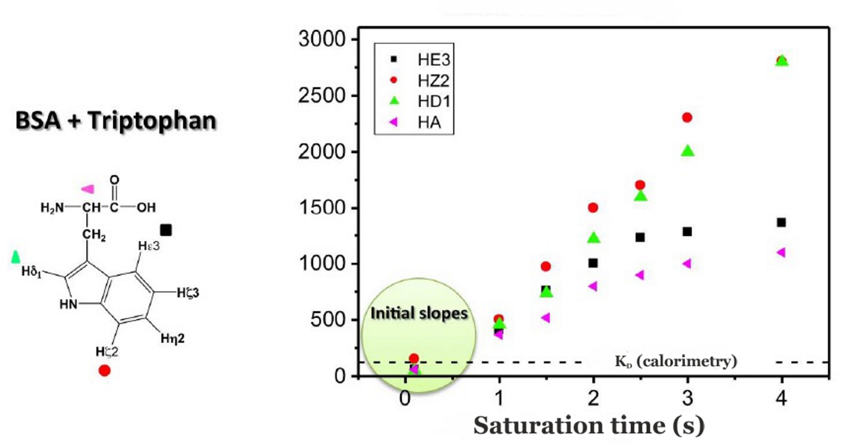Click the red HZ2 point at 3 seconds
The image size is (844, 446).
point(687,117)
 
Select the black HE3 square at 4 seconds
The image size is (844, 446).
point(781,223)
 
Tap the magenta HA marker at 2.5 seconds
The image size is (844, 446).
point(640,275)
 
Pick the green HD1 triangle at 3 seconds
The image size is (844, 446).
point(687,151)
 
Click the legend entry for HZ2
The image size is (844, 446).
point(433,81)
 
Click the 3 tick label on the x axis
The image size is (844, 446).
point(687,398)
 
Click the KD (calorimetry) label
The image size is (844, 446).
point(676,361)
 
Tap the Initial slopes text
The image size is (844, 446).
point(419,313)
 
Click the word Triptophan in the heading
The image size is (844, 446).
point(152,121)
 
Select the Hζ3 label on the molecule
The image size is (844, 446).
point(188,293)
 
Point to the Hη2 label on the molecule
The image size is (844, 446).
point(173,338)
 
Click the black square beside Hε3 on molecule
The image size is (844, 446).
point(166,230)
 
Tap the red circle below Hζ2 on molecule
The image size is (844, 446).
point(105,371)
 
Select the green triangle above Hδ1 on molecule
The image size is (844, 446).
point(16,257)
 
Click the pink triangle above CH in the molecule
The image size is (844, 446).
point(88,189)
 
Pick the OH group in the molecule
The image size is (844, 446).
point(146,207)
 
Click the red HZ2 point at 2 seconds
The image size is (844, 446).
point(593,208)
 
